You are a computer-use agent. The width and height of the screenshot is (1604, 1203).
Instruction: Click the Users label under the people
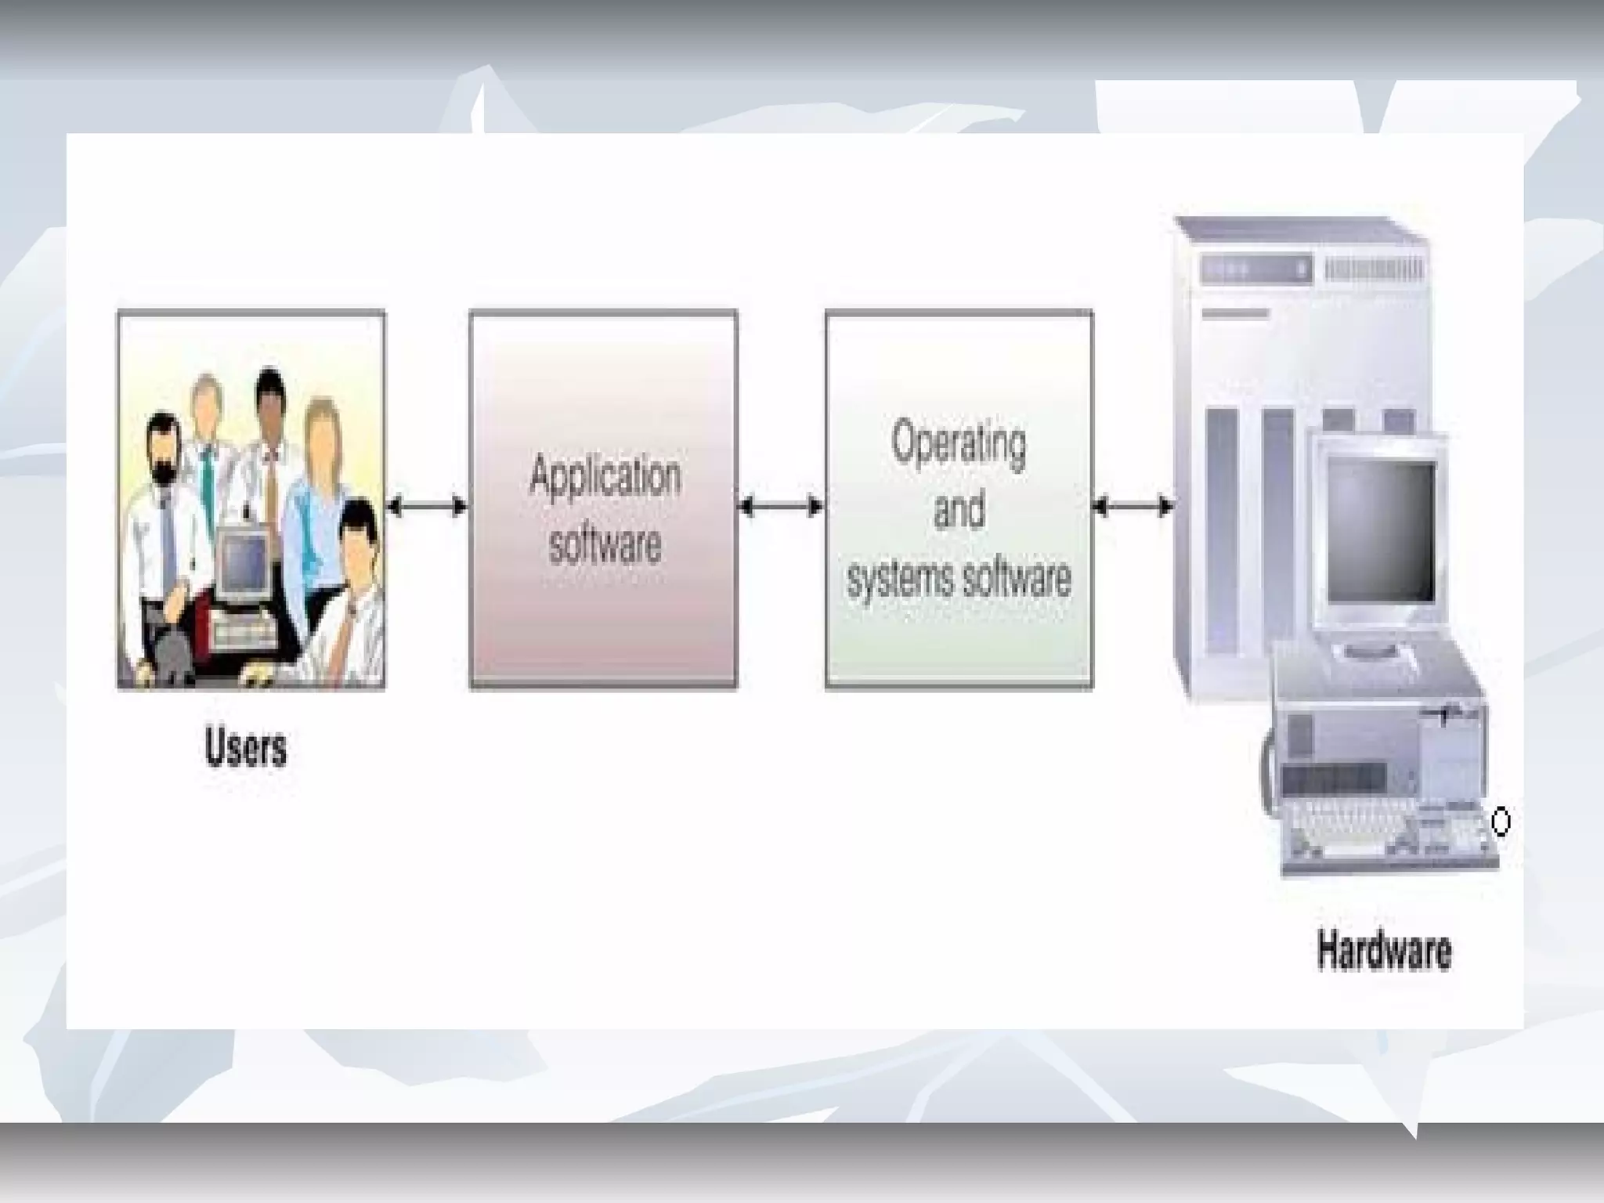coord(245,747)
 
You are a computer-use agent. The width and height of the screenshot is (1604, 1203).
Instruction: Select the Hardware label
coord(1384,950)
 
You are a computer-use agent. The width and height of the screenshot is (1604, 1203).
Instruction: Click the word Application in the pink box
coord(605,475)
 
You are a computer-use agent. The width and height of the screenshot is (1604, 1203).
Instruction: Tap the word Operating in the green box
coord(959,443)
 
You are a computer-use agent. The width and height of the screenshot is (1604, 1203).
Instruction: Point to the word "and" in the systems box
coord(959,511)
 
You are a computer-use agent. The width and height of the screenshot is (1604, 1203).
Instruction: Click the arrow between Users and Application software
coord(427,507)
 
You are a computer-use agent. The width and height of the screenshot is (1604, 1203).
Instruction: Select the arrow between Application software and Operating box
coord(781,507)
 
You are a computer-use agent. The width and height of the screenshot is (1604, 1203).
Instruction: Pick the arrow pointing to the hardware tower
coord(1133,507)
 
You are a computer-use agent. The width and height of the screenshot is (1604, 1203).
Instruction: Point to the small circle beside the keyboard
coord(1501,822)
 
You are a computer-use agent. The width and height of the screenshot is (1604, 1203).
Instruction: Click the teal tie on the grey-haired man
coord(207,486)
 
